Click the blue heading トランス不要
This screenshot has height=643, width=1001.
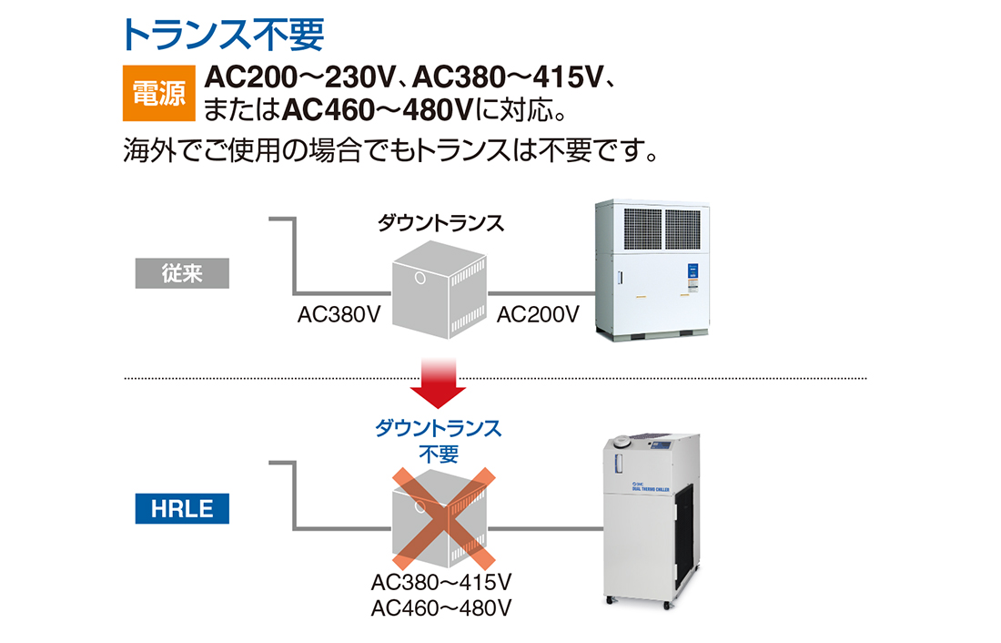click(223, 35)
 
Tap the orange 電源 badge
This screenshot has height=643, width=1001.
click(159, 93)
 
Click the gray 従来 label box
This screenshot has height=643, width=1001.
click(182, 273)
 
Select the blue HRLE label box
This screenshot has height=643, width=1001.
click(182, 509)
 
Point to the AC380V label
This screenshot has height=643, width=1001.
click(339, 314)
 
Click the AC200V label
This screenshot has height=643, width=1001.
click(538, 314)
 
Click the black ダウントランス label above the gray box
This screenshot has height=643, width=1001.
click(441, 223)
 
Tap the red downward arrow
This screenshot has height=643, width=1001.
click(438, 383)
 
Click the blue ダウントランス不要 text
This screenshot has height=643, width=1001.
click(439, 441)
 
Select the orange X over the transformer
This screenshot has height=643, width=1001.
click(444, 518)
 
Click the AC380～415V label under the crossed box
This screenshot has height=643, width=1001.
click(441, 582)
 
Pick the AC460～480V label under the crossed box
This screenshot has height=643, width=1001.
click(441, 607)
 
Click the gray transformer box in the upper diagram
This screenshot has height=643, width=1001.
click(440, 290)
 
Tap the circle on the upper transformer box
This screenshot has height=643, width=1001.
click(420, 278)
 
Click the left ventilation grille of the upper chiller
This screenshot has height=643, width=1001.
click(642, 229)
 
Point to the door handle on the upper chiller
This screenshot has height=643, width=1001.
click(619, 278)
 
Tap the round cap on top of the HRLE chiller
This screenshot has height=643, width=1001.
click(622, 441)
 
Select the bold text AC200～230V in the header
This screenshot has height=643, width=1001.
click(300, 77)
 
